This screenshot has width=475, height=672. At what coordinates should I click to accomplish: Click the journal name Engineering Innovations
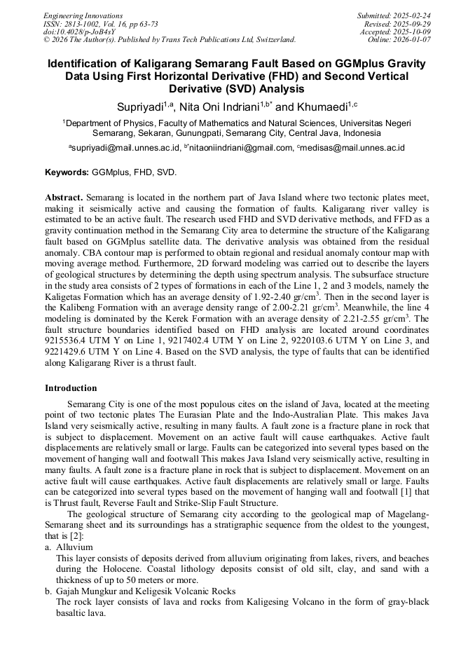[x=83, y=15]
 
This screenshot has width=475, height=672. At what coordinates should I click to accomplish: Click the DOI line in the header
[x=75, y=32]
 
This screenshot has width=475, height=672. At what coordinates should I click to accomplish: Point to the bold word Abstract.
[x=64, y=198]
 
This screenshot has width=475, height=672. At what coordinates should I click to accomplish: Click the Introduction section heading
[x=71, y=388]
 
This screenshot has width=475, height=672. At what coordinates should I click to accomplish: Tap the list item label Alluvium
[x=74, y=547]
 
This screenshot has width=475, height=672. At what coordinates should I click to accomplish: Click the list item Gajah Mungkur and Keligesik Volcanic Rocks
[x=146, y=591]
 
